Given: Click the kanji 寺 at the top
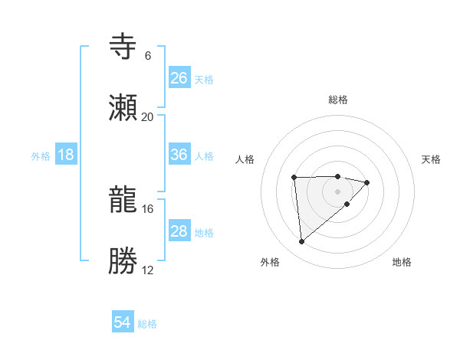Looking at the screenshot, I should (124, 47).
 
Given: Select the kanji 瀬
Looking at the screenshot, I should (124, 109).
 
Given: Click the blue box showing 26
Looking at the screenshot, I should (179, 78).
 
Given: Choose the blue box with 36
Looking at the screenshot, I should (179, 155).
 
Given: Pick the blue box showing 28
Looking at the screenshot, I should (179, 231).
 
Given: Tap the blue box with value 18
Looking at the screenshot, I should (66, 155).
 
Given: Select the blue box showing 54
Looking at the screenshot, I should (123, 323).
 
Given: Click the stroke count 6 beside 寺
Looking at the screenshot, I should (147, 56).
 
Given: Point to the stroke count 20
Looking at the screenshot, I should (147, 117).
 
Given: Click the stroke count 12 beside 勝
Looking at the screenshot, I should (147, 270).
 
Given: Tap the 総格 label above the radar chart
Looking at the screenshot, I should (338, 100).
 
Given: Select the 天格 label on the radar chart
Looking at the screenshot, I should (432, 159).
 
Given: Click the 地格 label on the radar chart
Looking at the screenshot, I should (402, 262).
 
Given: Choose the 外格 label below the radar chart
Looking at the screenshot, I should (270, 262).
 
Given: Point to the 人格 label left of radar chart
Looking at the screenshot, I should (245, 159).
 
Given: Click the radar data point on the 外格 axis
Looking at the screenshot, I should (302, 241).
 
